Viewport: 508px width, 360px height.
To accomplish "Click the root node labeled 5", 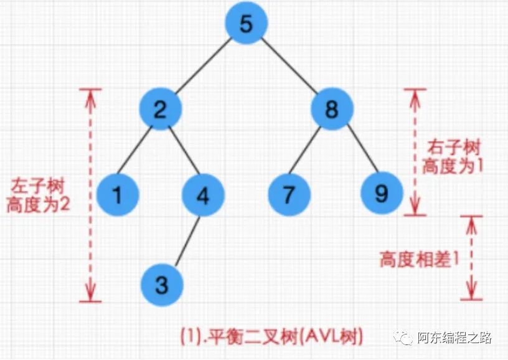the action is [246, 26].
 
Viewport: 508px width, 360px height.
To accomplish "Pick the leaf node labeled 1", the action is [118, 194].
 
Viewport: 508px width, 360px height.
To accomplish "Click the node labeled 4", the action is [203, 194].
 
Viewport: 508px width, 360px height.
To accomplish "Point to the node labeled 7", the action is [289, 194].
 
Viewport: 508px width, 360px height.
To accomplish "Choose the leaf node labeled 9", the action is [381, 194].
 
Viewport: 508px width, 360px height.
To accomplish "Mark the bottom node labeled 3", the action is [161, 285].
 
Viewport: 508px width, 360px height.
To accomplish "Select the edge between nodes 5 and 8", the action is [289, 68].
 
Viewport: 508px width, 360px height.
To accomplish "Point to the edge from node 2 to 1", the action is [138, 153].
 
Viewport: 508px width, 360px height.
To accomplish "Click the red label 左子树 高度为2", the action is [37, 195].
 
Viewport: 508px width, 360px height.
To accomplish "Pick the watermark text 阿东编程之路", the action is [454, 338].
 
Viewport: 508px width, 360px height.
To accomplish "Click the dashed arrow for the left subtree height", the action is [92, 194].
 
